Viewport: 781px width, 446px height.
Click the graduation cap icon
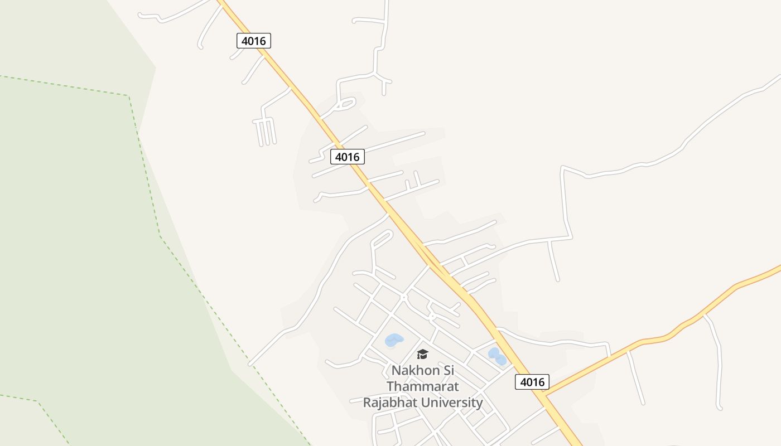pyautogui.click(x=422, y=354)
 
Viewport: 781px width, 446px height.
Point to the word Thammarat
pyautogui.click(x=422, y=386)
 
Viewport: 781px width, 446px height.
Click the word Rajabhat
pyautogui.click(x=389, y=403)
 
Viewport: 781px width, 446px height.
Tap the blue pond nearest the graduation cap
pyautogui.click(x=394, y=340)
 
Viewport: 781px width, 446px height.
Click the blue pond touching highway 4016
pyautogui.click(x=497, y=356)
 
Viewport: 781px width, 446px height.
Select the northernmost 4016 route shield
pyautogui.click(x=254, y=41)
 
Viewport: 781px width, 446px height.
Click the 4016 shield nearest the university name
pyautogui.click(x=532, y=382)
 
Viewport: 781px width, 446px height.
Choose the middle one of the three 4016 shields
pyautogui.click(x=347, y=157)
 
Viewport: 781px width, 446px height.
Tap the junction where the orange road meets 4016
pyautogui.click(x=545, y=395)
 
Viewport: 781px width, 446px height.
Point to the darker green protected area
pyautogui.click(x=84, y=251)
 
